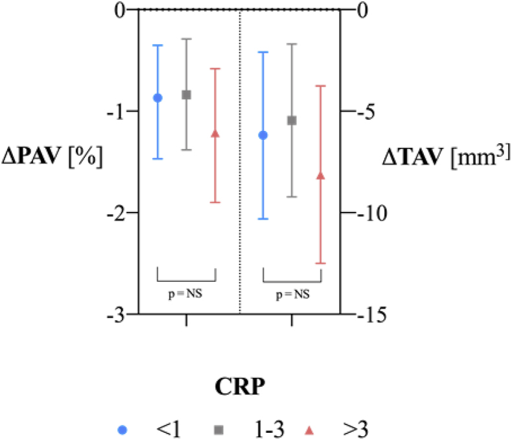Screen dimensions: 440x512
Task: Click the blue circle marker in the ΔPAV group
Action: [x=157, y=98]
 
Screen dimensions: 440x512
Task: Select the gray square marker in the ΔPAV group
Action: [x=186, y=95]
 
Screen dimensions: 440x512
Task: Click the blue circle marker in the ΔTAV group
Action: [x=262, y=135]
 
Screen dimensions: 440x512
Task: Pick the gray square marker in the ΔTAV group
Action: [x=292, y=121]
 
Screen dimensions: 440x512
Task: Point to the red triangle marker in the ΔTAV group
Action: [x=321, y=176]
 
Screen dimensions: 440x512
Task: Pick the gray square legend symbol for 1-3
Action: [x=218, y=429]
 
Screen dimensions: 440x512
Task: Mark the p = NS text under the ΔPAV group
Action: [x=186, y=294]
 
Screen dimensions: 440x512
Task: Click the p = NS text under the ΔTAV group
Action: [x=292, y=294]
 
